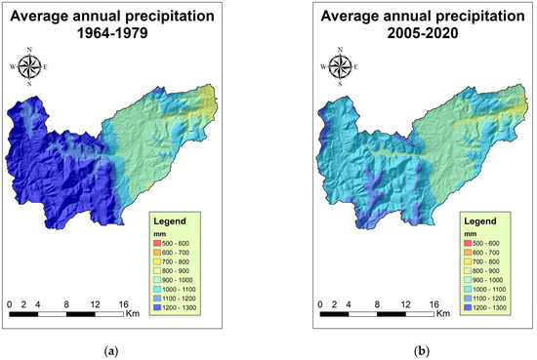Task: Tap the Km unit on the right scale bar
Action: pyautogui.click(x=443, y=313)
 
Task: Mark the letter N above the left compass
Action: pyautogui.click(x=30, y=50)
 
